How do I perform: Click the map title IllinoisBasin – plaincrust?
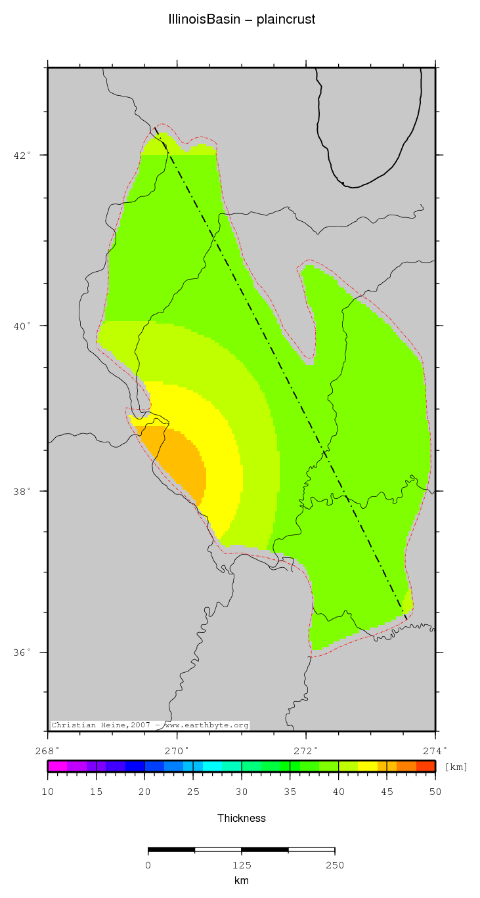coord(242,20)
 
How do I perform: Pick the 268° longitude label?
coord(48,750)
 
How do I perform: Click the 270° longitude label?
coord(177,750)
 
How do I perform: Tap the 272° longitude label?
coord(306,750)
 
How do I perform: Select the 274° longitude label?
coord(435,750)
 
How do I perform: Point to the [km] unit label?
coord(456,767)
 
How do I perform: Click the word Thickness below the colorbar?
coord(242,818)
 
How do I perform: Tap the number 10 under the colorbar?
coord(48,793)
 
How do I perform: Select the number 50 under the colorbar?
coord(435,793)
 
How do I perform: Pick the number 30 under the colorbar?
coord(242,793)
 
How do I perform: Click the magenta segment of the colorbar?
coord(57,766)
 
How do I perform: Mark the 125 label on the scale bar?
coord(242,865)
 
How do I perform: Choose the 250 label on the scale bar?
coord(335,865)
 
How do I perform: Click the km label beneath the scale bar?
coord(242,881)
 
